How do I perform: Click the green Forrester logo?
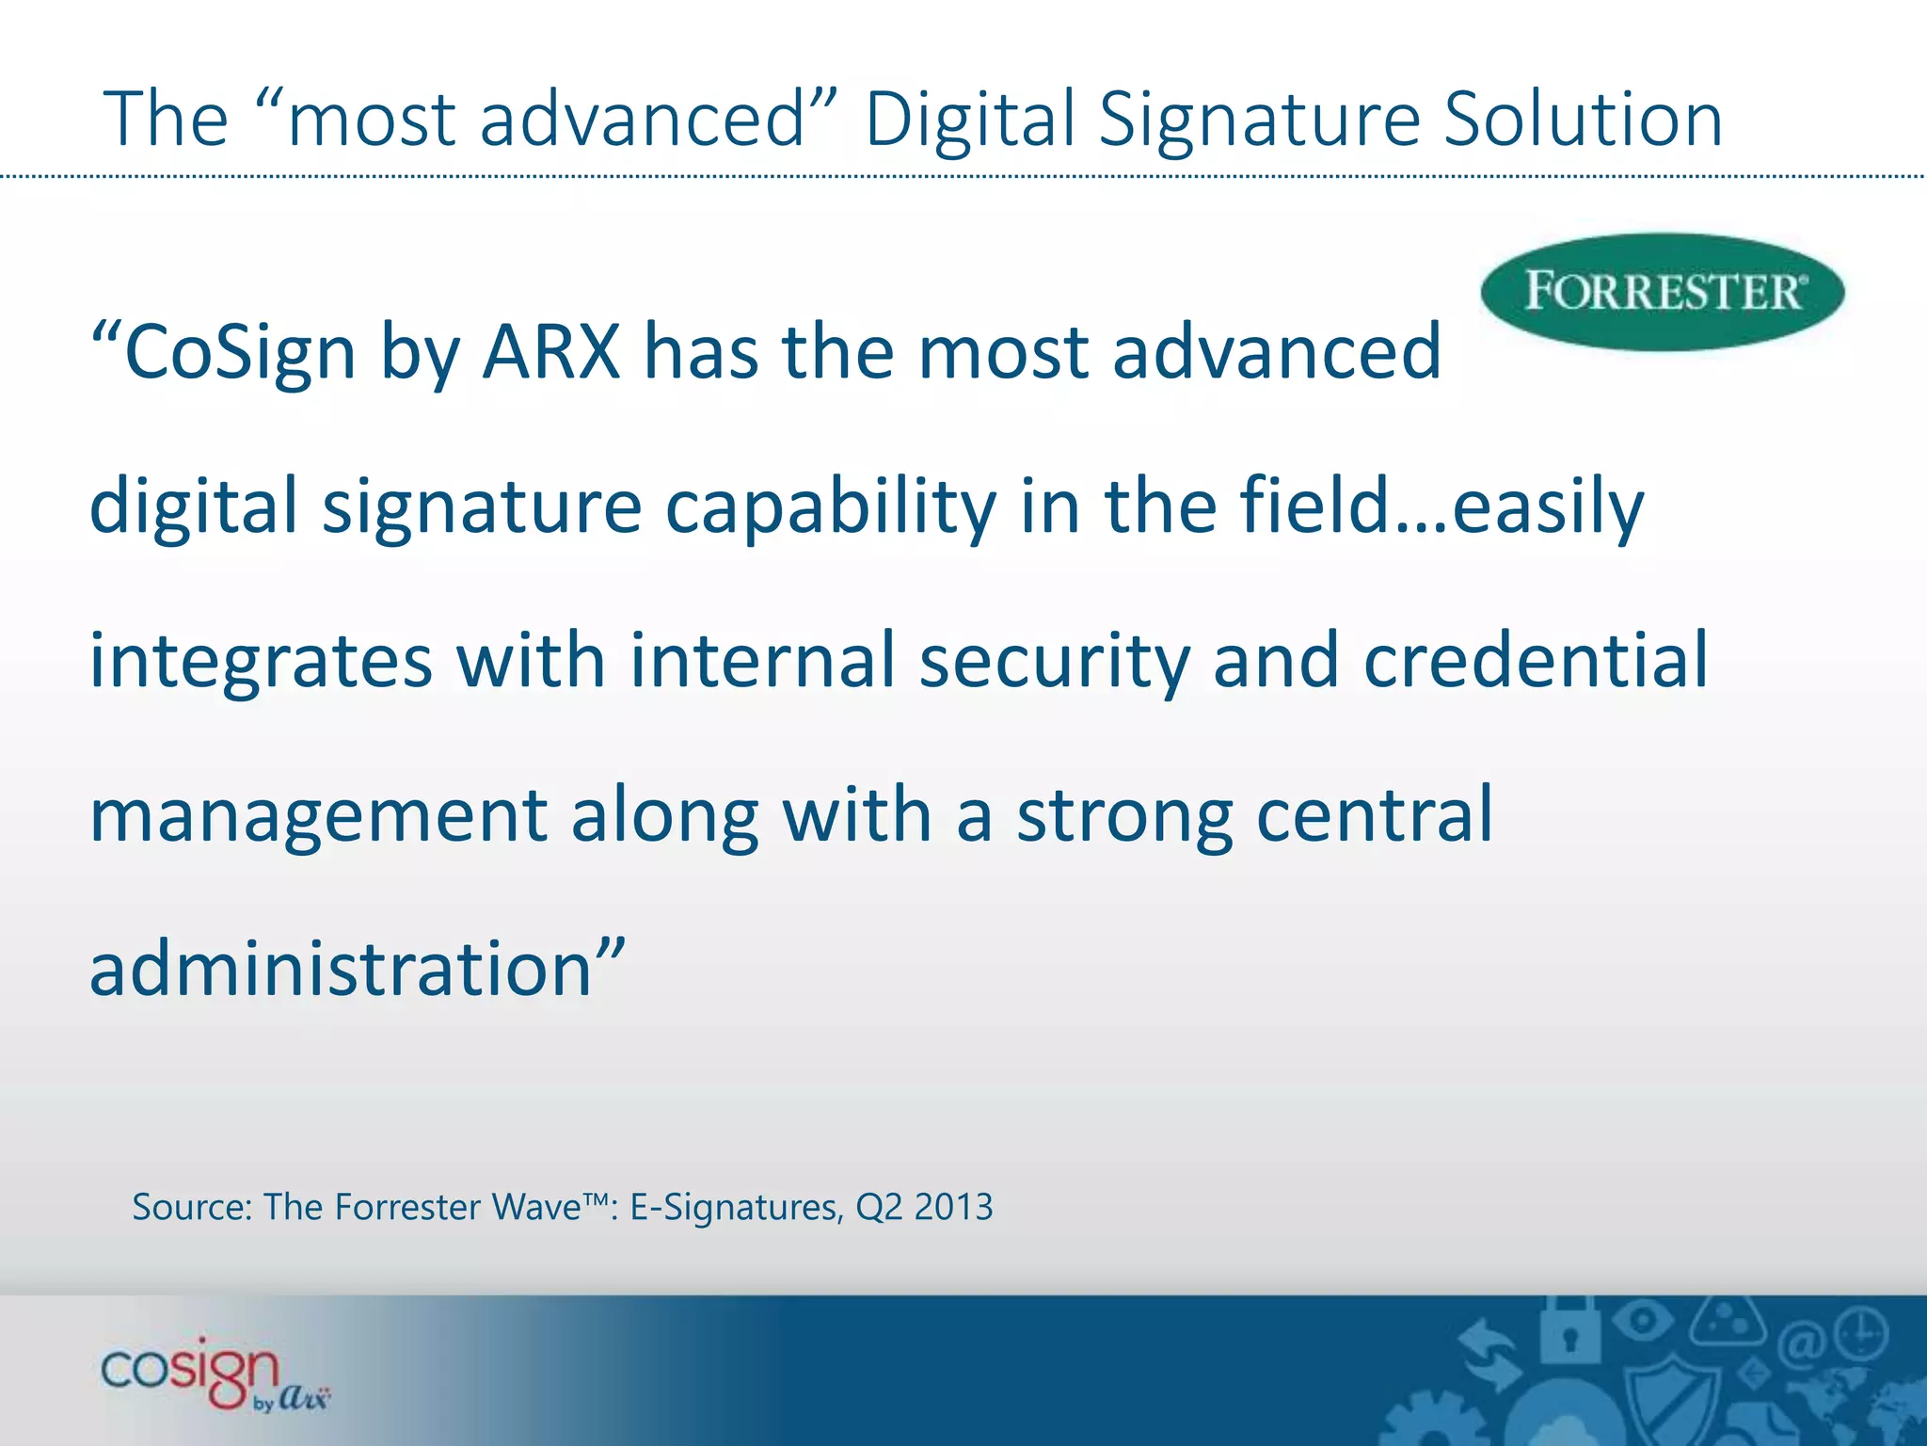(1662, 292)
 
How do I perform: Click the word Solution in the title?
(1583, 120)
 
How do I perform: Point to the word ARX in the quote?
(551, 352)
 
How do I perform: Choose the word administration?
(341, 970)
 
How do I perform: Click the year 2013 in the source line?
(953, 1207)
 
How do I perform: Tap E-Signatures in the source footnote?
(735, 1208)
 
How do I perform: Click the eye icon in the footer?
(1641, 1319)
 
